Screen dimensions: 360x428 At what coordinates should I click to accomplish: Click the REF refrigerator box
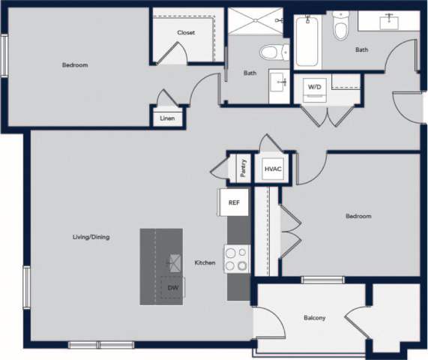pos(234,202)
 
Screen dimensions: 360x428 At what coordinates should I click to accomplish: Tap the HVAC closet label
pos(273,169)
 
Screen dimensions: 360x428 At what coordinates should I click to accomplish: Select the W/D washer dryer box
pos(313,88)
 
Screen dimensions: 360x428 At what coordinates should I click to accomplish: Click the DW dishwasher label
pos(172,287)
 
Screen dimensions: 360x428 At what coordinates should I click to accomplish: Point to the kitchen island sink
pos(175,262)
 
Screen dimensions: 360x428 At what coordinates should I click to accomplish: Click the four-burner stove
pos(237,259)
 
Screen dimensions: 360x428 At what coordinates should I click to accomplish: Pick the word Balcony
pos(315,318)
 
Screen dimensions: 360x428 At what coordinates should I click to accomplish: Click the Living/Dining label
pos(91,237)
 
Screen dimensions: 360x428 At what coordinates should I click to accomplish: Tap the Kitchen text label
pos(205,262)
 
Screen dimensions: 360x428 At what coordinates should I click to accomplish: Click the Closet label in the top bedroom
pos(186,32)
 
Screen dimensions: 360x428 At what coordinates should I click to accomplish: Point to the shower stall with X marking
pos(255,21)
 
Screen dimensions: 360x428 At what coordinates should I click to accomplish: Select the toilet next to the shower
pos(273,52)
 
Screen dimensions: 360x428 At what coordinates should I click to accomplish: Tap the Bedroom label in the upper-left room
pos(75,65)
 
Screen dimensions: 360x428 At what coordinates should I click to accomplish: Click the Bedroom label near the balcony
pos(358,216)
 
